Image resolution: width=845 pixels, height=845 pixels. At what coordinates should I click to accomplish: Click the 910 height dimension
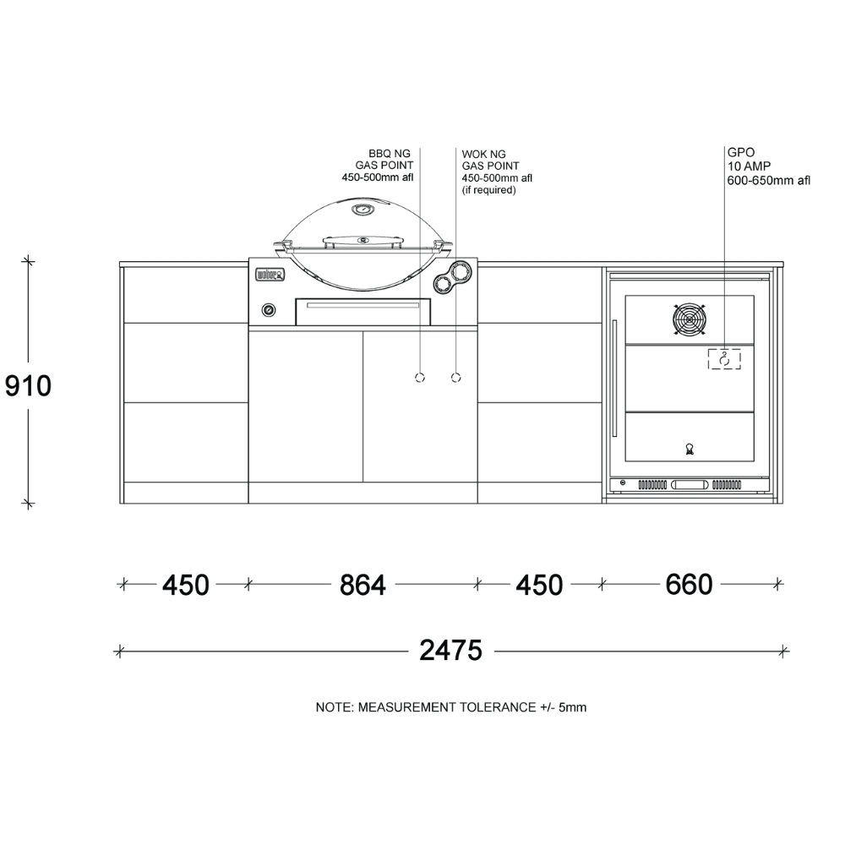pos(28,386)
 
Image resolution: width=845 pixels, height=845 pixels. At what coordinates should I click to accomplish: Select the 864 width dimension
pos(363,585)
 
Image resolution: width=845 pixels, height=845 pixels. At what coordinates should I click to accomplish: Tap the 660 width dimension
pos(690,584)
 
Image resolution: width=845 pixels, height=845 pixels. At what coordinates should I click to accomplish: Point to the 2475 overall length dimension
pos(450,651)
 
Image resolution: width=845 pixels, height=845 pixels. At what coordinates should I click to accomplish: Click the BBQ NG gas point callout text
pos(378,166)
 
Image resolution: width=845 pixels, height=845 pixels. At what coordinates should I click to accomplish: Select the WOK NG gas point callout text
pos(497,172)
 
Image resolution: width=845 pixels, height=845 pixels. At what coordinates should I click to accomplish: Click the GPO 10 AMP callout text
pos(768,166)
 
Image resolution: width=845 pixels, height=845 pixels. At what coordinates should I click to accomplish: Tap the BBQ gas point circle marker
pos(420,378)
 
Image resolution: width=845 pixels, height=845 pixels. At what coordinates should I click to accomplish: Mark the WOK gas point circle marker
pos(456,378)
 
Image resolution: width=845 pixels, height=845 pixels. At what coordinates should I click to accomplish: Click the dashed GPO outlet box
pos(724,359)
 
